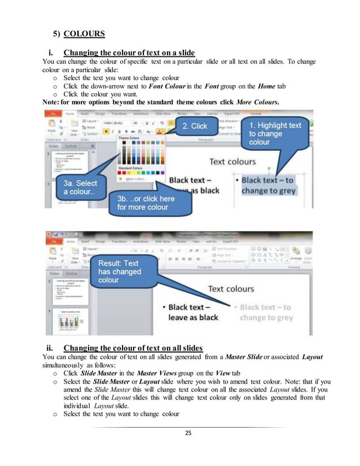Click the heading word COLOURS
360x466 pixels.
[84, 33]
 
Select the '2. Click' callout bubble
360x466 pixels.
[195, 126]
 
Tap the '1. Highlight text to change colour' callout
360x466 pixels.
[275, 134]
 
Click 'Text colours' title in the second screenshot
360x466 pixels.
[231, 289]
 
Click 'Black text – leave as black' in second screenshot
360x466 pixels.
[194, 312]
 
